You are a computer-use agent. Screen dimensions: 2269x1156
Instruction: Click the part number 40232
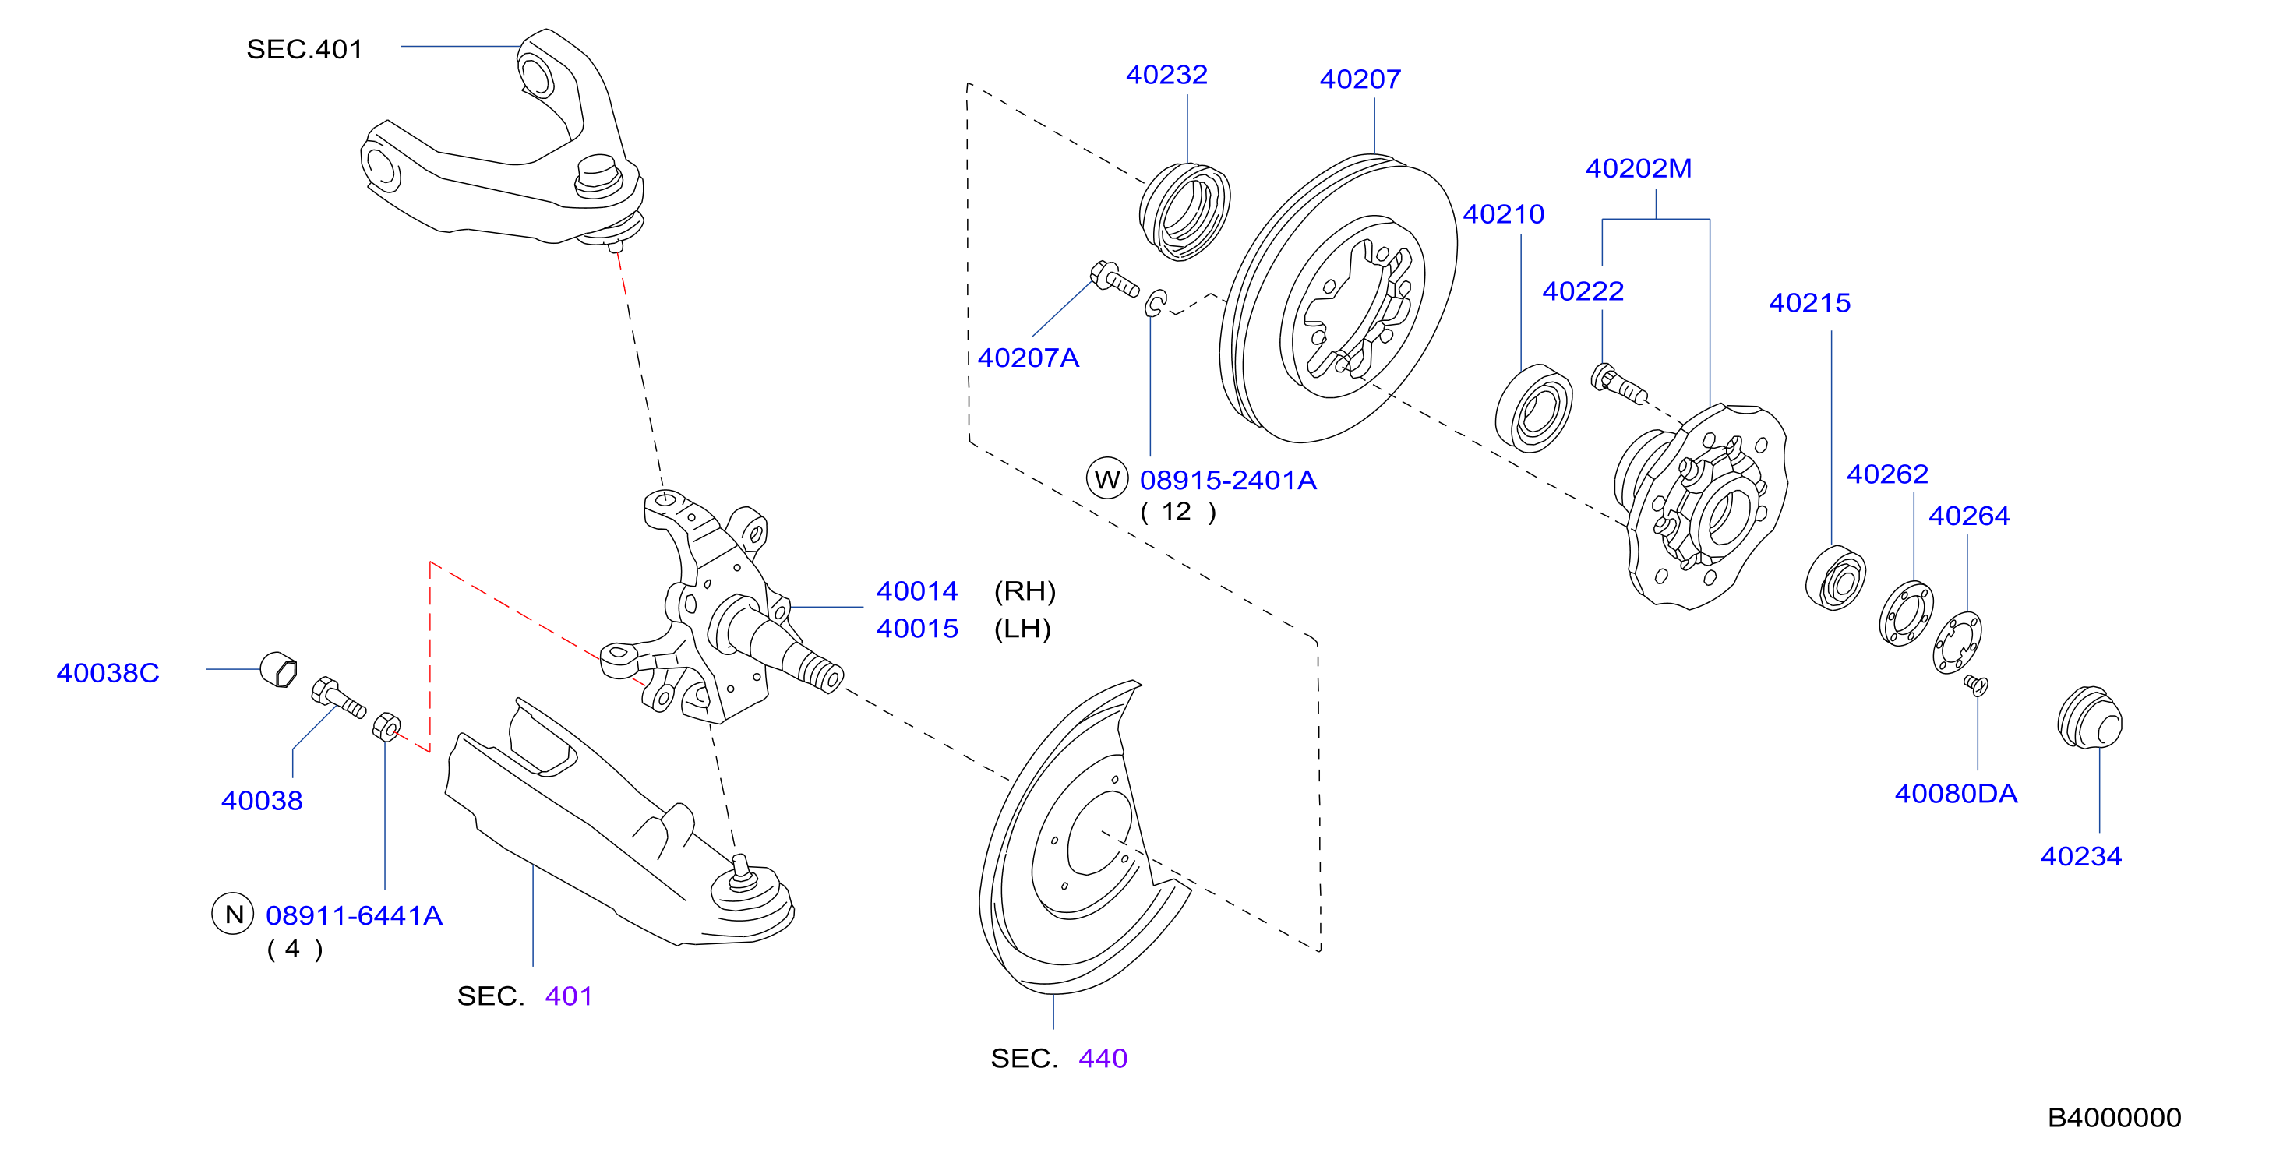[1166, 75]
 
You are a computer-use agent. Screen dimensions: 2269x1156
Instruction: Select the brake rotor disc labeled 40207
[1338, 298]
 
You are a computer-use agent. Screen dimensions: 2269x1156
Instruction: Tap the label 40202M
[1639, 168]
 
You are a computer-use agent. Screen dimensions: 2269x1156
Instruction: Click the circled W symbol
[1107, 479]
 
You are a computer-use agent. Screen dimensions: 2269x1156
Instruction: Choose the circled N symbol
[234, 914]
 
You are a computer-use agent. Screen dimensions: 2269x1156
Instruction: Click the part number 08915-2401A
[1228, 481]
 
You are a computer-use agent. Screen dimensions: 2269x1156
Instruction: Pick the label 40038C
[108, 674]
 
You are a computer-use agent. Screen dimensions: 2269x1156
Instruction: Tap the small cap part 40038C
[278, 670]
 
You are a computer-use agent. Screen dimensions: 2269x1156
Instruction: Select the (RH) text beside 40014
[1025, 590]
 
